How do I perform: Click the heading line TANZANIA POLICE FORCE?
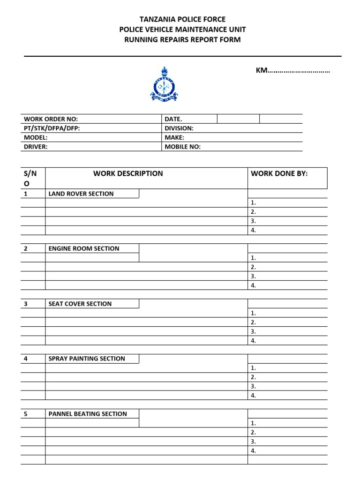tap(182, 19)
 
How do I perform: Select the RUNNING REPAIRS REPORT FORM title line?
tap(182, 40)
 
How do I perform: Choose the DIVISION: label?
tap(179, 128)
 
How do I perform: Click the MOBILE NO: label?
tap(182, 147)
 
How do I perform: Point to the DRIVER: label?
tap(36, 147)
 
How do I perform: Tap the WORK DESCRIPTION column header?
tap(128, 173)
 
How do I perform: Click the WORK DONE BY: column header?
tap(279, 173)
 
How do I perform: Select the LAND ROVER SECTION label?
tap(81, 194)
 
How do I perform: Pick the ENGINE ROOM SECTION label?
tap(84, 248)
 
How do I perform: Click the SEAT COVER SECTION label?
tap(80, 304)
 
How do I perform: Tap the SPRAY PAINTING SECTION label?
tap(87, 359)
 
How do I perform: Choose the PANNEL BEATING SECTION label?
tap(88, 414)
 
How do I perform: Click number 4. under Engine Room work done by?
tap(253, 285)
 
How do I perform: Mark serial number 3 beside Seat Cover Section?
tap(26, 304)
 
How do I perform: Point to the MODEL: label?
tap(36, 138)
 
